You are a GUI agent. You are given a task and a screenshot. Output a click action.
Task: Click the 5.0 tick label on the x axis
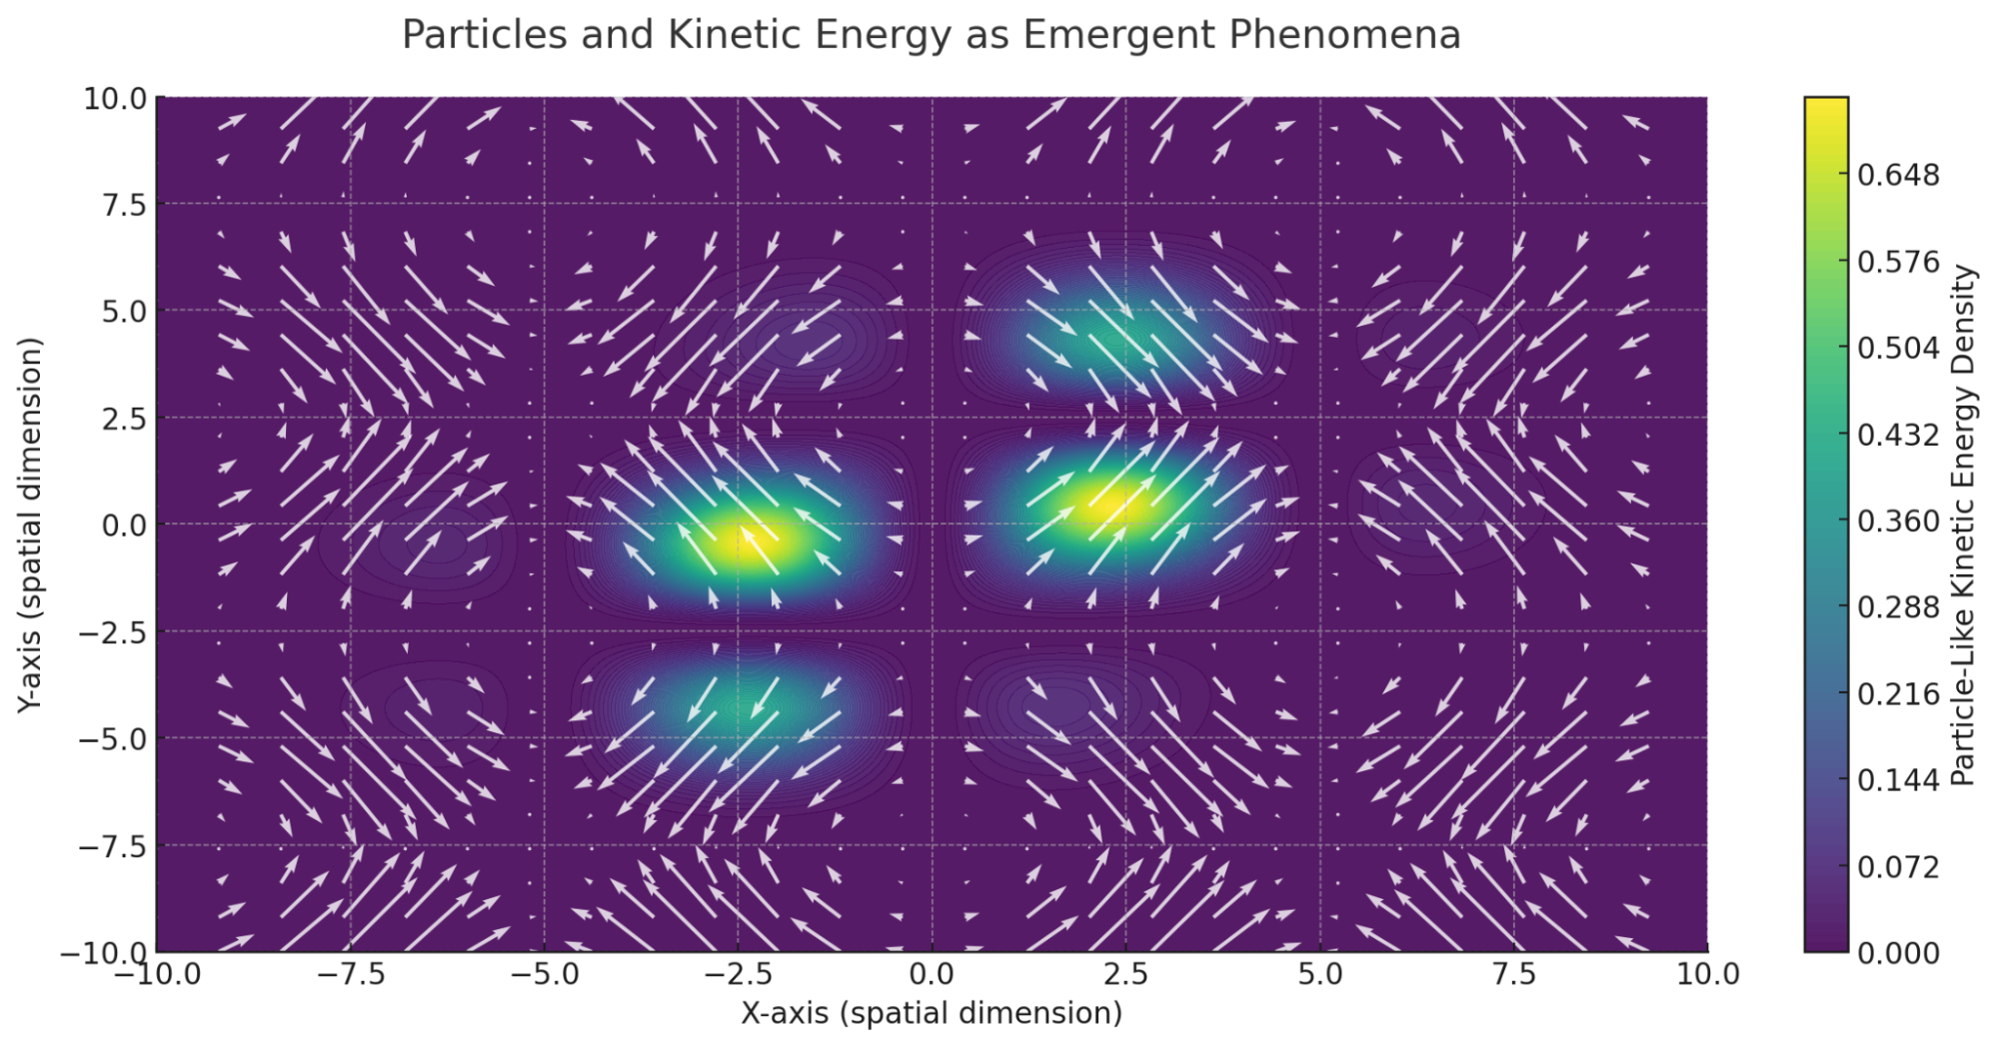click(1320, 974)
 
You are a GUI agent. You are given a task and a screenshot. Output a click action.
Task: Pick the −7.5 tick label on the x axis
click(350, 974)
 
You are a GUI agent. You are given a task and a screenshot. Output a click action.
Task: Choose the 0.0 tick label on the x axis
click(932, 974)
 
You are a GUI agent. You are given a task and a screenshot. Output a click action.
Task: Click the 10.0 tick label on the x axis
click(1707, 974)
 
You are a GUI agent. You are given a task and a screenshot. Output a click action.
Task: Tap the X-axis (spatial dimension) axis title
click(932, 1013)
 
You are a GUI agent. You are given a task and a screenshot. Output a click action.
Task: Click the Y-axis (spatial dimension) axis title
click(31, 524)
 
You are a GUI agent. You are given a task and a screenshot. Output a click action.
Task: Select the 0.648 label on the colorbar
click(1898, 176)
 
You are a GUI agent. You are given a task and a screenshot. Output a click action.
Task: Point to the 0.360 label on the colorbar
click(1898, 522)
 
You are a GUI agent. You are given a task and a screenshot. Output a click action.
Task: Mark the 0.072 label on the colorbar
click(1898, 867)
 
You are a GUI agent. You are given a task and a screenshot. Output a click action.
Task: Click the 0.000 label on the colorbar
click(1898, 953)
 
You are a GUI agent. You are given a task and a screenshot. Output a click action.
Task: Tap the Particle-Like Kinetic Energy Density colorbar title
click(1963, 524)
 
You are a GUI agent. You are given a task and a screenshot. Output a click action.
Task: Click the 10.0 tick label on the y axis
click(115, 99)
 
